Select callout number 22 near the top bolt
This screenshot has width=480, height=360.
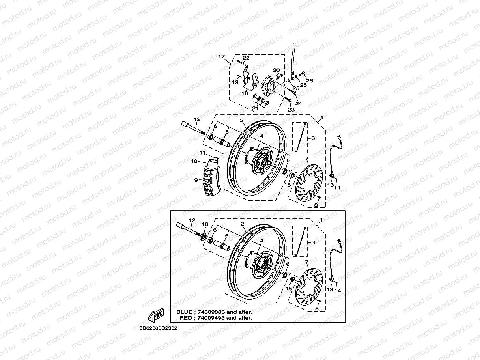[246, 58]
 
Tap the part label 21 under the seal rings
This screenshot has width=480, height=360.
[256, 108]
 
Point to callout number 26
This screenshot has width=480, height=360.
[309, 81]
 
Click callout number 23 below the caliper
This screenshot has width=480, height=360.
[291, 110]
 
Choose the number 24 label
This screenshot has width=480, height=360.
[299, 104]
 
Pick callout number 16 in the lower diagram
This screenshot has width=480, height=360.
[205, 224]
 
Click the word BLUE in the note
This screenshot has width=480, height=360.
[184, 312]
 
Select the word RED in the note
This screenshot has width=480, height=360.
[186, 318]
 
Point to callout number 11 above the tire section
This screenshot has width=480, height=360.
[202, 153]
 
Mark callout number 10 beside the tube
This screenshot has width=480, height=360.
[194, 162]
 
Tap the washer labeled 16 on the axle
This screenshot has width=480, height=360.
[204, 236]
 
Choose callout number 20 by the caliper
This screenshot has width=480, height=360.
[276, 70]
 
